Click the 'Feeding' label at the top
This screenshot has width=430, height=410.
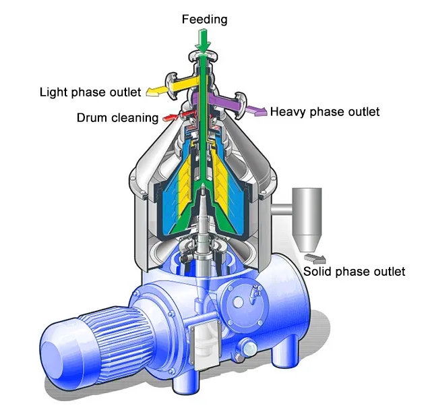pyautogui.click(x=204, y=20)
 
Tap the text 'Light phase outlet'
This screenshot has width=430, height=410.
pyautogui.click(x=90, y=91)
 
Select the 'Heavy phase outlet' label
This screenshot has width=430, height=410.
pyautogui.click(x=325, y=111)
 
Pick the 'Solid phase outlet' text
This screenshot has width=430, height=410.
pyautogui.click(x=354, y=271)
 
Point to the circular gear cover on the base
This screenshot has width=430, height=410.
pyautogui.click(x=247, y=297)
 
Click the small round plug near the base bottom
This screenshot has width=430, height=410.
pyautogui.click(x=250, y=349)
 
